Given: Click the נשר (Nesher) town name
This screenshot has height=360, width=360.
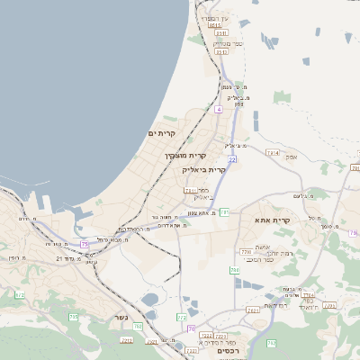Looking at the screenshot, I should (121, 318).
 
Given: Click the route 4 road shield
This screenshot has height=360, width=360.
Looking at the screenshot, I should (218, 109).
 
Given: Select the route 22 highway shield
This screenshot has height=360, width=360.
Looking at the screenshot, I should (232, 159).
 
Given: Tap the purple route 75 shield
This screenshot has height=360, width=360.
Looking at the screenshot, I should (85, 244).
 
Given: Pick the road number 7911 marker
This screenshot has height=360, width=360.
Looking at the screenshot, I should (190, 191).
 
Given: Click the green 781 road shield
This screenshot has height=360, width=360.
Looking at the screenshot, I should (224, 212).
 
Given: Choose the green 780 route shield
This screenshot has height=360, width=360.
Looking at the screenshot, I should (235, 270).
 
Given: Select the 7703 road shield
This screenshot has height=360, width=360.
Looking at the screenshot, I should (309, 294).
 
